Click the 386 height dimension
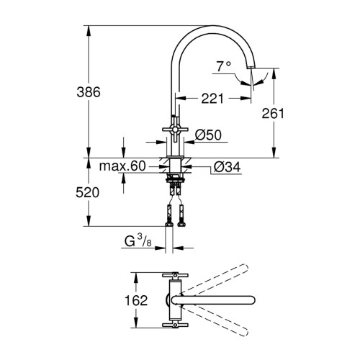pyautogui.click(x=89, y=92)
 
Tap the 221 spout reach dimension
pyautogui.click(x=212, y=98)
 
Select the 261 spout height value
pyautogui.click(x=273, y=113)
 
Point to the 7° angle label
pyautogui.click(x=223, y=66)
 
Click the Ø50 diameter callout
pyautogui.click(x=208, y=135)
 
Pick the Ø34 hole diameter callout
pyautogui.click(x=227, y=167)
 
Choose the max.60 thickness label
pyautogui.click(x=122, y=166)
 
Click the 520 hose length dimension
pyautogui.click(x=87, y=192)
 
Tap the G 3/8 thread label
pyautogui.click(x=138, y=240)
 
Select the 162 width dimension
pyautogui.click(x=136, y=300)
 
